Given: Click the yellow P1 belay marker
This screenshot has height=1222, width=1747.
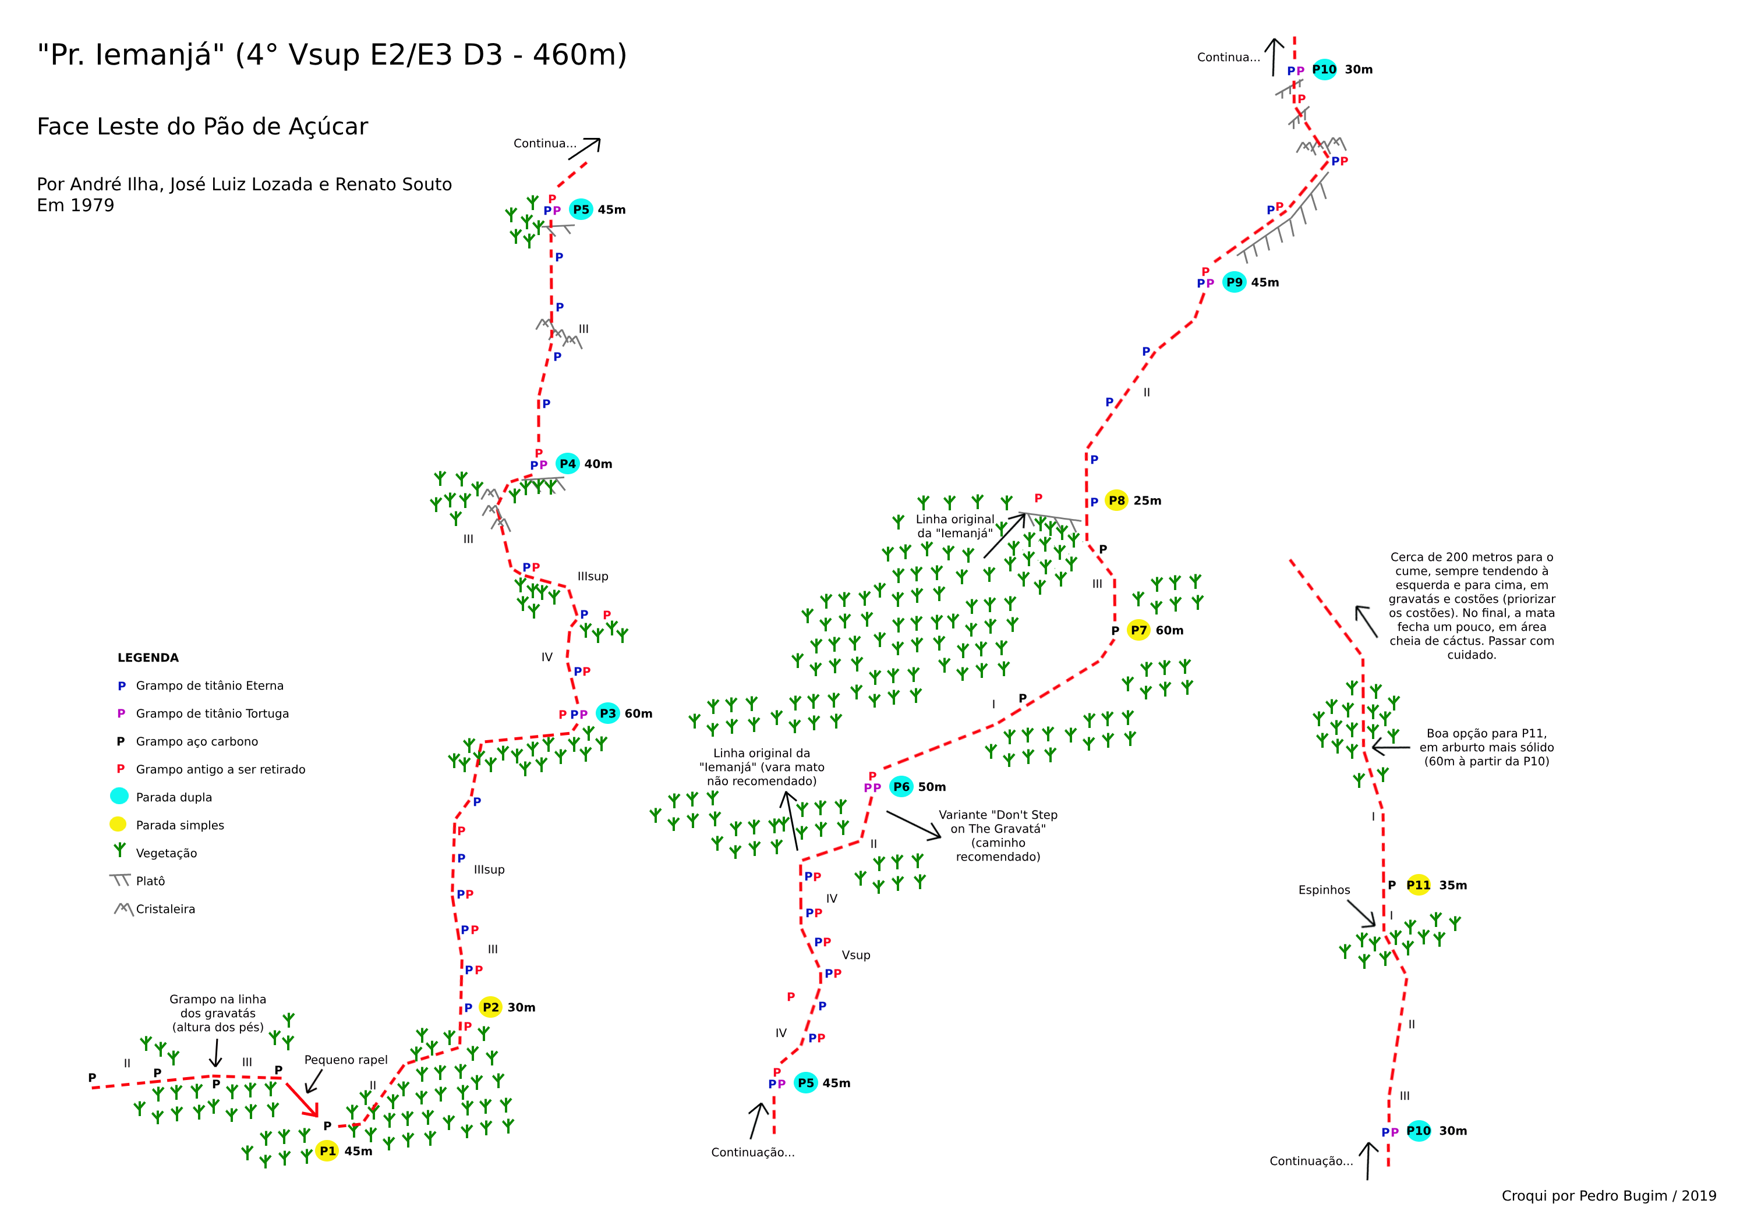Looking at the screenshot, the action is pyautogui.click(x=327, y=1150).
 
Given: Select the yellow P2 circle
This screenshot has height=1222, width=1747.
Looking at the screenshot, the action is pyautogui.click(x=491, y=1007).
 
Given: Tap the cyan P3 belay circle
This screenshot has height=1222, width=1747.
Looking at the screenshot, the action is pyautogui.click(x=607, y=713).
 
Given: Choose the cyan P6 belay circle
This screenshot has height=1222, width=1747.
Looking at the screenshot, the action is pyautogui.click(x=901, y=786).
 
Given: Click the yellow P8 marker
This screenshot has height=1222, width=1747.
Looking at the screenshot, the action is pyautogui.click(x=1116, y=500).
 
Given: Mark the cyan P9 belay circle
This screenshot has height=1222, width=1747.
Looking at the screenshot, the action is pyautogui.click(x=1234, y=282).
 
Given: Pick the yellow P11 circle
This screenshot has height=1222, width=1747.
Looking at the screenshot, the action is pyautogui.click(x=1419, y=884).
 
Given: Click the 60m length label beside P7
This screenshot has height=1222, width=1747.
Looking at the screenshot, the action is pyautogui.click(x=1169, y=630).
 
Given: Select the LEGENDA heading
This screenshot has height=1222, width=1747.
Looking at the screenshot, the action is pyautogui.click(x=148, y=658).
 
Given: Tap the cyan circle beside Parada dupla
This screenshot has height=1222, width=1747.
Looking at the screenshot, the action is pyautogui.click(x=119, y=795).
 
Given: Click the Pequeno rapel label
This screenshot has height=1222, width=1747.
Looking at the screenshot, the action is pyautogui.click(x=346, y=1060).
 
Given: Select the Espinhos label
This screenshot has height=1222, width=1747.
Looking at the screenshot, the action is pyautogui.click(x=1324, y=890).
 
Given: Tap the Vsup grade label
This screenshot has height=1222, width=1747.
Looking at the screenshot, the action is pyautogui.click(x=856, y=955).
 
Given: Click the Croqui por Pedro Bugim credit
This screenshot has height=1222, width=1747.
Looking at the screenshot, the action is pyautogui.click(x=1608, y=1195).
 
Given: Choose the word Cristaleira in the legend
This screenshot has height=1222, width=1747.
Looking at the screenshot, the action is pyautogui.click(x=165, y=909).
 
